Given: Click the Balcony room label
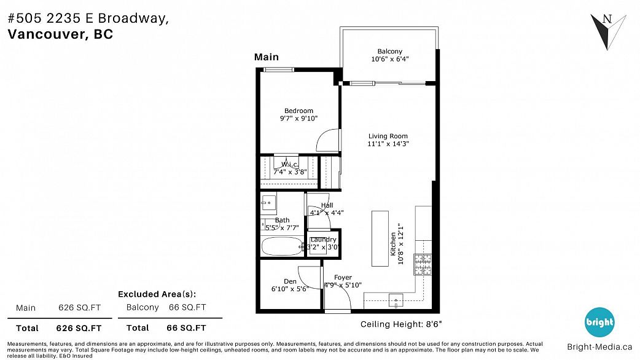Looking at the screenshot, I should [389, 51].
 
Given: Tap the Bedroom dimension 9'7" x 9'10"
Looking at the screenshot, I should [299, 119].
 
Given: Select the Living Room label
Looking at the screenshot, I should [388, 136].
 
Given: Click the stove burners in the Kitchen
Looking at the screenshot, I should [423, 265].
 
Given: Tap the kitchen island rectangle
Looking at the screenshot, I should [380, 238].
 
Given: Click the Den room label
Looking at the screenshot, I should [290, 281].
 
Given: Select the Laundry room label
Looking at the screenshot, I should [323, 240].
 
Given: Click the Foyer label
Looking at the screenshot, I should [343, 278].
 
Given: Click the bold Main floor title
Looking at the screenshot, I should [267, 57].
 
